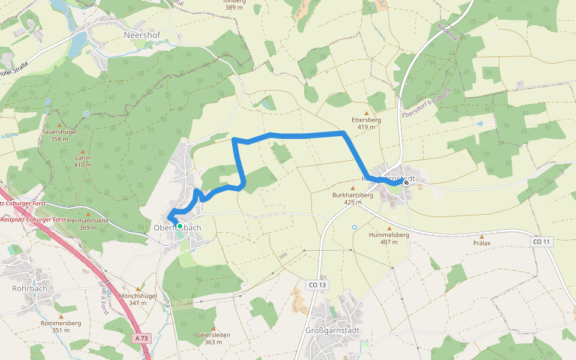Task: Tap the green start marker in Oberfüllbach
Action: point(179,226)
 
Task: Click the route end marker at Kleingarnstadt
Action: point(406,182)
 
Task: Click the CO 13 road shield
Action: point(319,284)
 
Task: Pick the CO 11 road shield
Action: point(540,242)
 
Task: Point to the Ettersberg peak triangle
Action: point(367,113)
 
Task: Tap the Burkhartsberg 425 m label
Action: point(353,199)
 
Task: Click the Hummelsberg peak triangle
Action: point(389,229)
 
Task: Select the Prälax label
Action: point(482,243)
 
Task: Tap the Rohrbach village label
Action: point(29,289)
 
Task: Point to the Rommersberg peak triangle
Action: point(61,316)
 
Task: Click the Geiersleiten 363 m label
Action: point(213,338)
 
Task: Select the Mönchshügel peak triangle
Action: point(138,289)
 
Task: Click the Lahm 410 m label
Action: point(82,161)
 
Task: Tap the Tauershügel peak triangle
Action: point(59,125)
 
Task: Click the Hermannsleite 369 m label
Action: point(88,224)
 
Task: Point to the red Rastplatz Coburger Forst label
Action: point(33,220)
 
